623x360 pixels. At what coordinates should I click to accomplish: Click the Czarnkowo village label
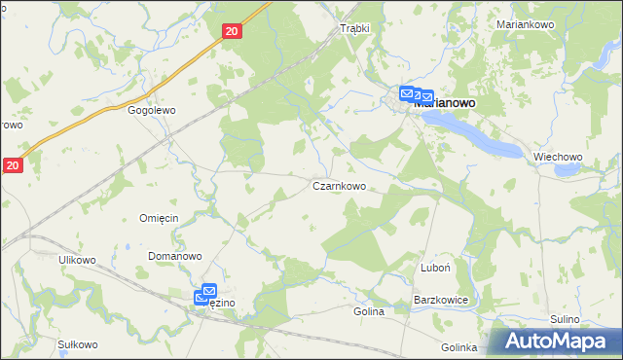tap(339, 185)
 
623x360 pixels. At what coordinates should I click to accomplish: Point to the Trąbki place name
tap(354, 28)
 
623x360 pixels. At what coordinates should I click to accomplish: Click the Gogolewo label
tap(151, 111)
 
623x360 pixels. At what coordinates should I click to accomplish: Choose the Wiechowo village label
tap(558, 157)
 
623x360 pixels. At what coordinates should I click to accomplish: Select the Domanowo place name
tap(174, 256)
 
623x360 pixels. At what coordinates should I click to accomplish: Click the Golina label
tap(369, 312)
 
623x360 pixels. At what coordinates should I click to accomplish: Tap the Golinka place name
tap(458, 347)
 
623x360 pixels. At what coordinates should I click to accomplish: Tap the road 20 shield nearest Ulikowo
tap(12, 166)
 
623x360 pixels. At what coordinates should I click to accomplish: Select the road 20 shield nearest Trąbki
tap(231, 32)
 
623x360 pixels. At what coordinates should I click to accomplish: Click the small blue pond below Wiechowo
tap(565, 171)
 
